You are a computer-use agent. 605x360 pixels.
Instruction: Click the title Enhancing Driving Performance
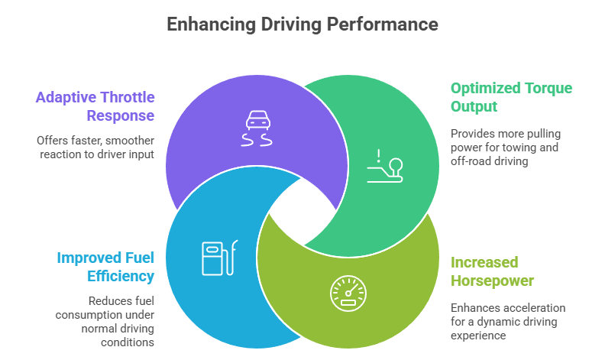click(x=302, y=24)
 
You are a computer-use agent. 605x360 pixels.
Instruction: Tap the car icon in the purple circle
click(x=257, y=128)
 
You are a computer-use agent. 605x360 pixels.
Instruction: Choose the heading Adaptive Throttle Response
click(x=95, y=107)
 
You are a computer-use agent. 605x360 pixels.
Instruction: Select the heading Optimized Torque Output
click(x=510, y=97)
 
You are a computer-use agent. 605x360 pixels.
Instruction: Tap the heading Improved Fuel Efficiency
click(x=105, y=267)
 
